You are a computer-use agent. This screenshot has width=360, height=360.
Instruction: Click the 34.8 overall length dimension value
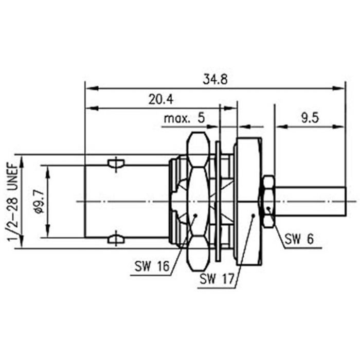pyautogui.click(x=215, y=80)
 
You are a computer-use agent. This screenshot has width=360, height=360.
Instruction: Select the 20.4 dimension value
pyautogui.click(x=160, y=100)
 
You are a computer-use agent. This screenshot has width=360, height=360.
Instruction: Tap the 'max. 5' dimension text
pyautogui.click(x=184, y=119)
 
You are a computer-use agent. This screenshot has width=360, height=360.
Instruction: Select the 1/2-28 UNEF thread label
pyautogui.click(x=13, y=201)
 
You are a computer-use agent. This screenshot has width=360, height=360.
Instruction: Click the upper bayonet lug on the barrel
pyautogui.click(x=117, y=165)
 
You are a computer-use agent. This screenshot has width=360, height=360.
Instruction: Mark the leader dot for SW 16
pyautogui.click(x=196, y=215)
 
